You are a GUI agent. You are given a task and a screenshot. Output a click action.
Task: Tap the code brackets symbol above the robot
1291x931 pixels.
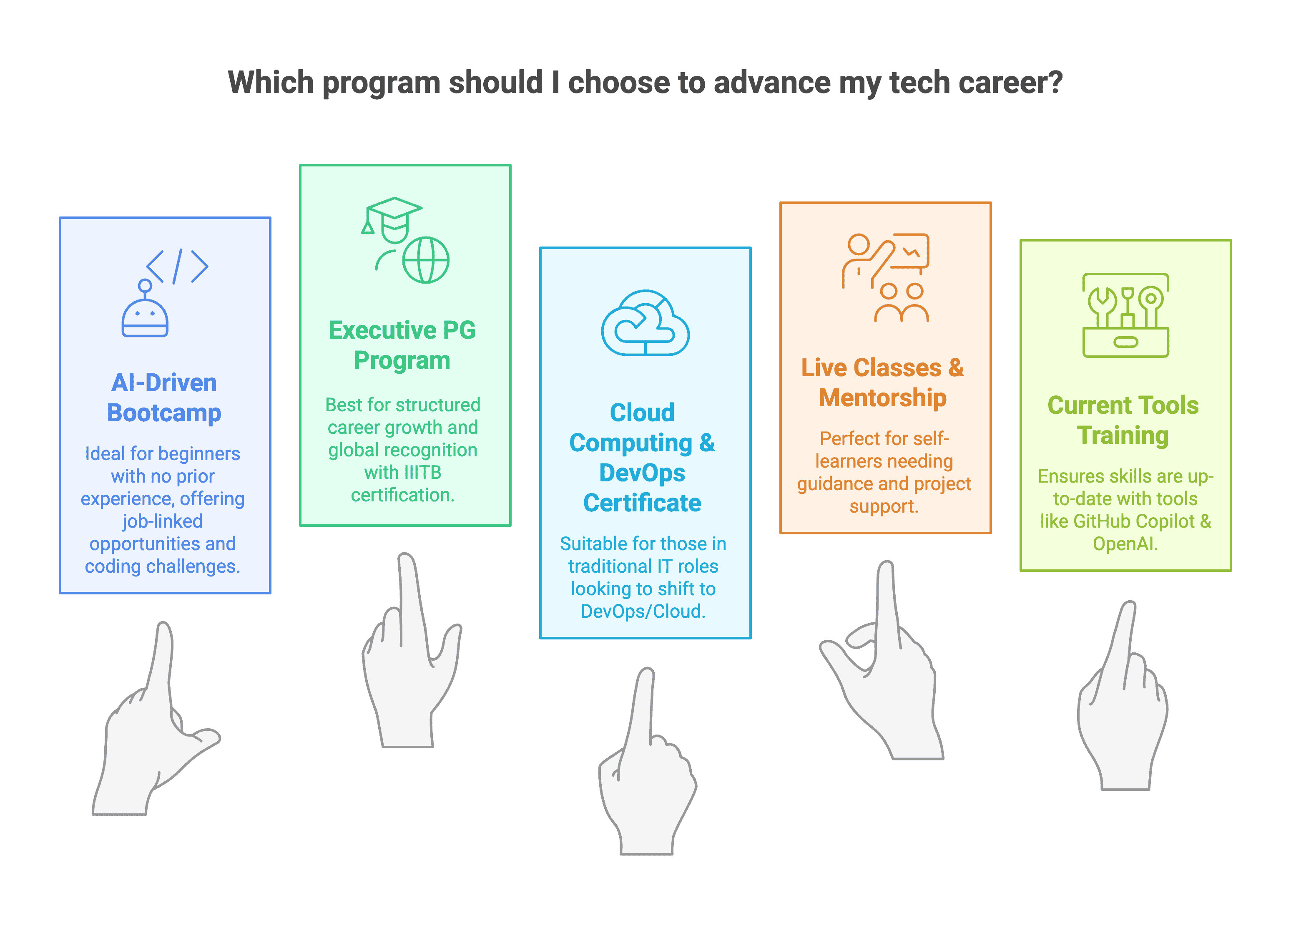click(177, 266)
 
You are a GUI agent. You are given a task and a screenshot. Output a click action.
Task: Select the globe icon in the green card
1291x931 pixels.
click(426, 260)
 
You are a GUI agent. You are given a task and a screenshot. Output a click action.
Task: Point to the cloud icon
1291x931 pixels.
click(645, 323)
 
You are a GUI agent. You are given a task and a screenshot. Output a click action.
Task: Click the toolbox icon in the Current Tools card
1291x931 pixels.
click(1125, 315)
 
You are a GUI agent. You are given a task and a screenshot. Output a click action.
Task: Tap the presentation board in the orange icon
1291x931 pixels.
click(909, 251)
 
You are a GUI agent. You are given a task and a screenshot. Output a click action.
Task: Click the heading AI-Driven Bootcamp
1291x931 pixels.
click(164, 398)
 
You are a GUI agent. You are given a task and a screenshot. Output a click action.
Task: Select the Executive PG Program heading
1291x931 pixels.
click(402, 345)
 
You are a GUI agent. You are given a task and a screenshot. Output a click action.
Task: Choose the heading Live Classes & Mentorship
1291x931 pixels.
click(883, 382)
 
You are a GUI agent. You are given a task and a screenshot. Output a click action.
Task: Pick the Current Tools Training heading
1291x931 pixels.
click(1123, 420)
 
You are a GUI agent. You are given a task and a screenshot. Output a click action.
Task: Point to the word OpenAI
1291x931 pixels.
click(1125, 544)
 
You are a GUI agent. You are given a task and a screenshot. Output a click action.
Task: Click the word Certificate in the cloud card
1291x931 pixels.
click(642, 503)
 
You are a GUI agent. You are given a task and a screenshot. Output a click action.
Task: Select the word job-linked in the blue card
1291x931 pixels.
click(162, 521)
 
